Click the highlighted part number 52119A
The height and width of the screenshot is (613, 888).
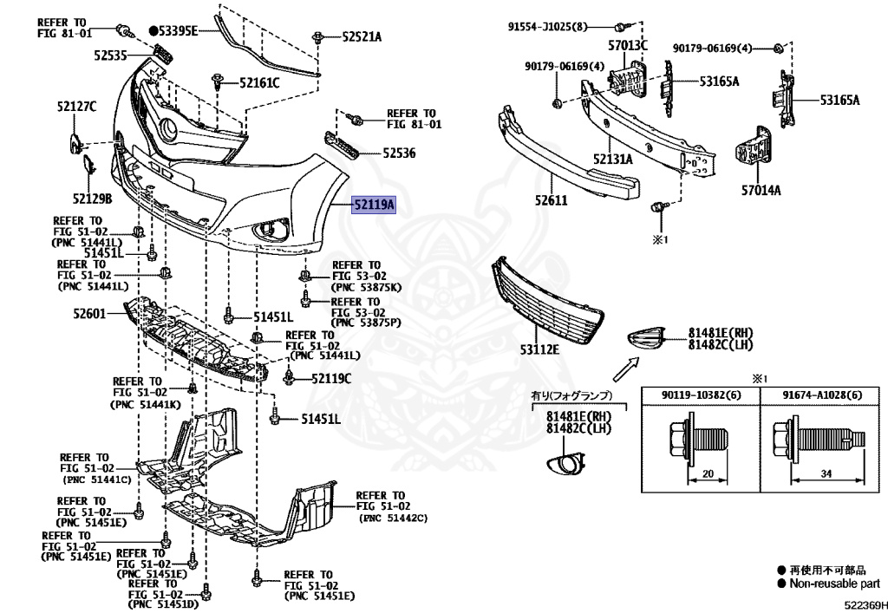pos(374,204)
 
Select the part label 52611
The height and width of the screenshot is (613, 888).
pos(551,200)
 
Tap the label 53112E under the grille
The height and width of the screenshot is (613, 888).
pos(539,349)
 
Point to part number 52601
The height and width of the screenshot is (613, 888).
pos(89,312)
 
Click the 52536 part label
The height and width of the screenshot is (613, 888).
pos(399,153)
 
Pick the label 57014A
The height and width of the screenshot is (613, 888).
pos(761,190)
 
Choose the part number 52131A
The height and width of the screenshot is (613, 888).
pos(613,159)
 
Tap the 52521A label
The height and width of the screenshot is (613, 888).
pos(362,37)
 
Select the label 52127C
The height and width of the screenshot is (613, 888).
pos(76,106)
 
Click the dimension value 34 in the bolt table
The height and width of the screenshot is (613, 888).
pos(826,473)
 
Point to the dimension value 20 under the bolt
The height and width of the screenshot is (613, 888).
pos(708,473)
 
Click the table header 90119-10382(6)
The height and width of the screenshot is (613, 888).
pos(701,395)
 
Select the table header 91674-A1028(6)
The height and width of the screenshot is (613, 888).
pos(822,395)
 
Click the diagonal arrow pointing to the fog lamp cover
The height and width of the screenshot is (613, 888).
pos(626,369)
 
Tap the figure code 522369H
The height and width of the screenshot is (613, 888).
pos(865,605)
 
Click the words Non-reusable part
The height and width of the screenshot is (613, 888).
pos(835,584)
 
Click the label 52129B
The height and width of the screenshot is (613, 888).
pos(92,199)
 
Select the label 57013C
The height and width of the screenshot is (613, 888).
pos(628,46)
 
